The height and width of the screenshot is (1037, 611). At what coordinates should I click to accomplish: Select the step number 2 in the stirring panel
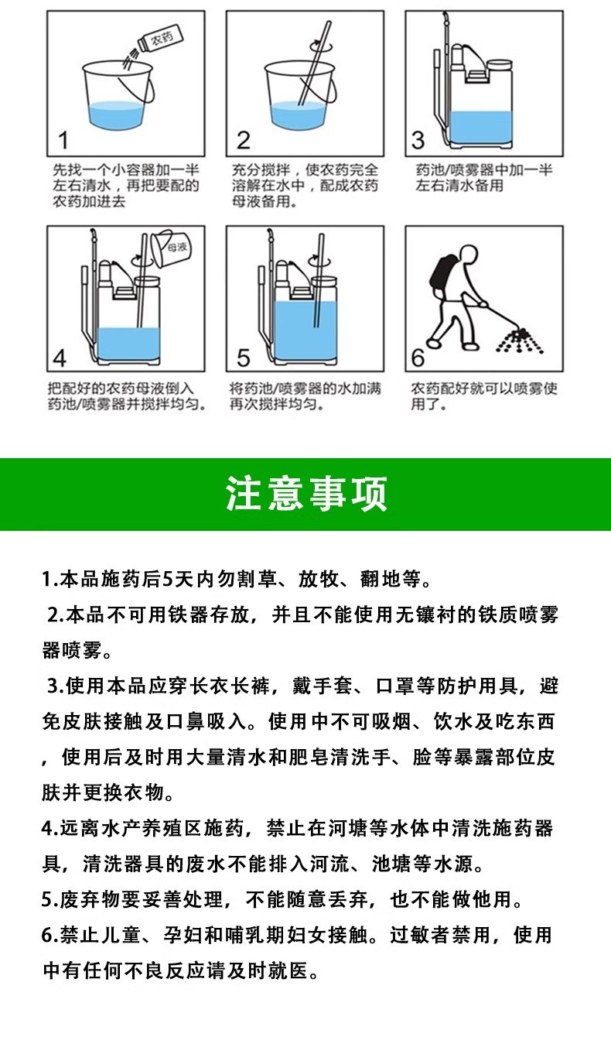pyautogui.click(x=243, y=140)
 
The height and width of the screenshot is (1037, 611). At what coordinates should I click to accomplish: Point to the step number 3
pyautogui.click(x=418, y=140)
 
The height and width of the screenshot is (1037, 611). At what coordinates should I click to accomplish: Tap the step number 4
pyautogui.click(x=60, y=358)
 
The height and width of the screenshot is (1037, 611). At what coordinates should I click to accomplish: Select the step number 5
pyautogui.click(x=244, y=358)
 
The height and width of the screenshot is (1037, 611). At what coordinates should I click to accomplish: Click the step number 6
pyautogui.click(x=418, y=358)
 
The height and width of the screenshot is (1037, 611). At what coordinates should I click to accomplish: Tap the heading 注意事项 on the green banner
pyautogui.click(x=305, y=494)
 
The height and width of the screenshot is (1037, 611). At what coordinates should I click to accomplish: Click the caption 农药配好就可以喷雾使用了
pyautogui.click(x=483, y=396)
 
